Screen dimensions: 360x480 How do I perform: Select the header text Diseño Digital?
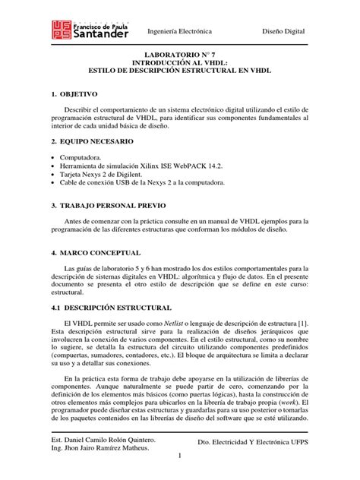[x=283, y=31]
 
